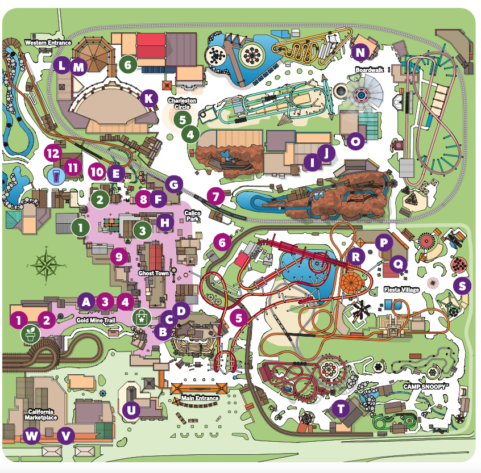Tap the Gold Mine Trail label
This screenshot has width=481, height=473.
[96, 320]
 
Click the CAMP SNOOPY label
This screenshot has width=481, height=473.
[426, 386]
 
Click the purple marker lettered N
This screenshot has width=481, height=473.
[360, 53]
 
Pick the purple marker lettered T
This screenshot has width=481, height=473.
[341, 408]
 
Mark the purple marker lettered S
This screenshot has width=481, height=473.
[462, 286]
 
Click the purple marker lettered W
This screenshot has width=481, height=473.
[32, 436]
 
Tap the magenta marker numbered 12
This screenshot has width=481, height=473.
[53, 153]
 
